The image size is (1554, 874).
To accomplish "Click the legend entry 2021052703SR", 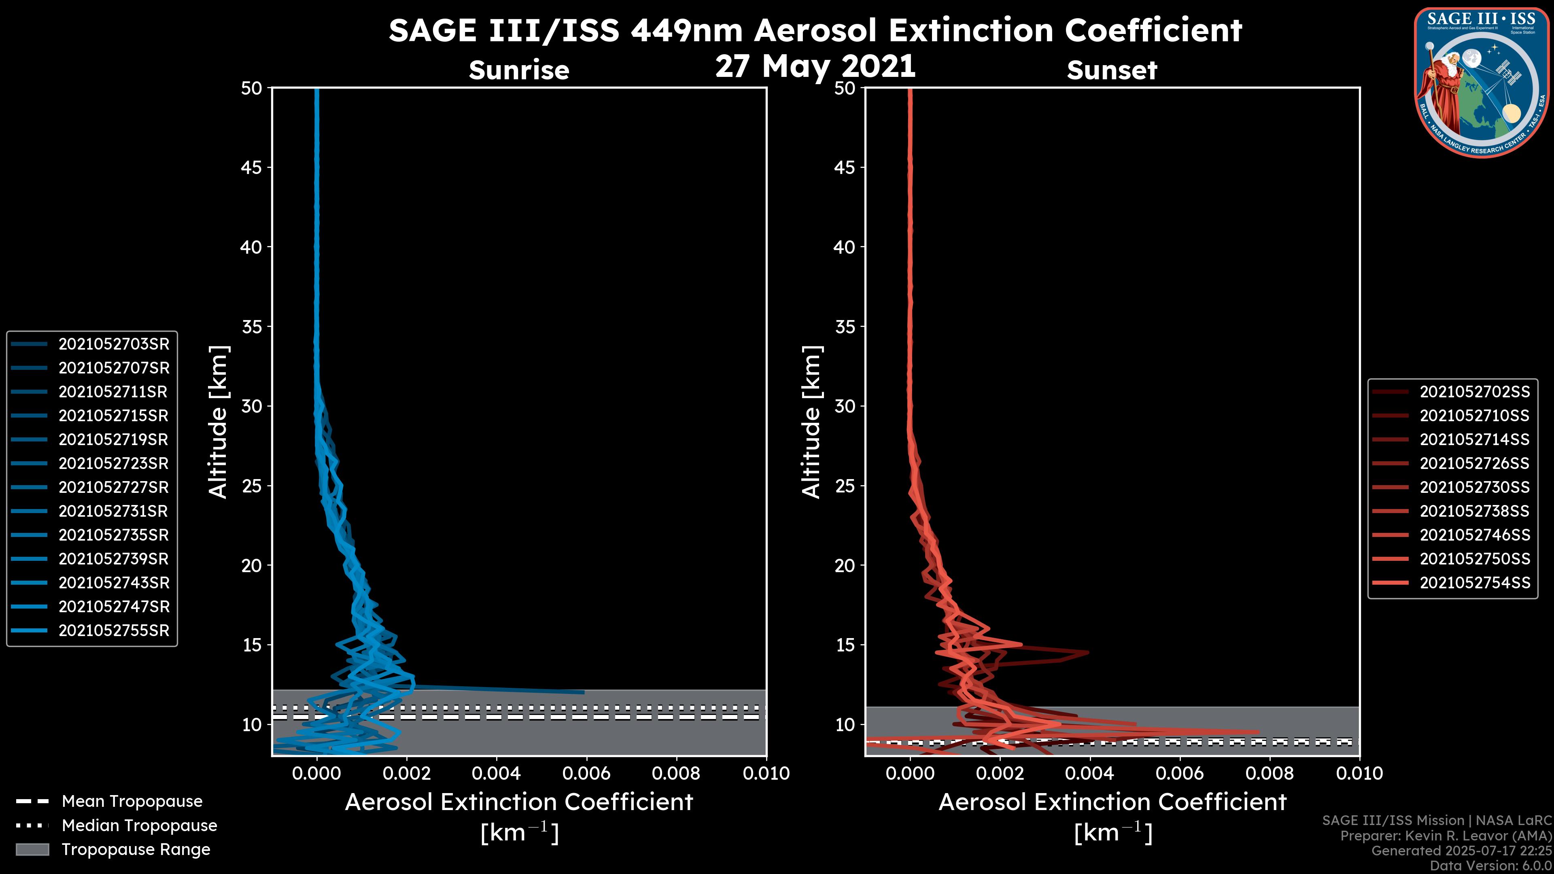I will point(113,344).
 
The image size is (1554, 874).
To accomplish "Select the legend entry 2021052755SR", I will point(113,630).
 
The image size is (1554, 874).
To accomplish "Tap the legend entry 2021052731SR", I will point(113,511).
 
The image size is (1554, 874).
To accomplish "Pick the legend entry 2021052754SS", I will point(1474,583).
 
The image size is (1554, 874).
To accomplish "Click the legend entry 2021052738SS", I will point(1474,511).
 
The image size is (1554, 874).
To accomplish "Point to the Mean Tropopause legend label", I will point(132,801).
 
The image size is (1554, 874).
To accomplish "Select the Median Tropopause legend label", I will point(139,825).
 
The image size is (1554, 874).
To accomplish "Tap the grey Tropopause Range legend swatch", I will point(32,849).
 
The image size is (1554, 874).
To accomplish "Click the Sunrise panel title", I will point(519,70).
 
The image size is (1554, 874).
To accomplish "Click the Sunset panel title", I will point(1112,70).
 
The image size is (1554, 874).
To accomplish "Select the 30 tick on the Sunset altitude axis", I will point(845,406).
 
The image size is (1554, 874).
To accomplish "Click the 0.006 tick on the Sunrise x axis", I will point(586,773).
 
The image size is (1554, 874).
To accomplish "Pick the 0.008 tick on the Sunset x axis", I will point(1269,773).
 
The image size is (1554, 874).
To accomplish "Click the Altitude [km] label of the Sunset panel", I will point(811,422).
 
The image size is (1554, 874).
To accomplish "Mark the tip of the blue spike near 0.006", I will point(583,692).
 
